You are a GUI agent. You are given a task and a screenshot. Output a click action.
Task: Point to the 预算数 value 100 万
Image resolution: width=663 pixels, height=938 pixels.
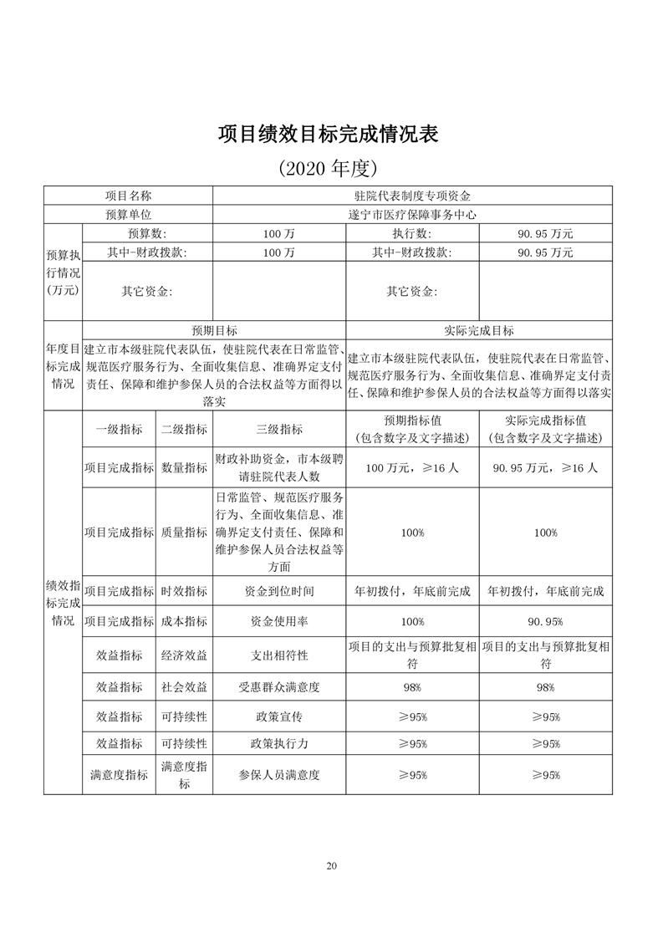pos(278,233)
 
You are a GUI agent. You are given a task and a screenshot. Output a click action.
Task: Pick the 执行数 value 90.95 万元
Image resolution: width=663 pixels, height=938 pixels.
pos(545,233)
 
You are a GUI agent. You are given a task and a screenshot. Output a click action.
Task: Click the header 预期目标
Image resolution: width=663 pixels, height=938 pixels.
pos(214,331)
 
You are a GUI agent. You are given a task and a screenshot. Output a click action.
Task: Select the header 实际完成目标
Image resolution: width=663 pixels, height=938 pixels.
pos(479,331)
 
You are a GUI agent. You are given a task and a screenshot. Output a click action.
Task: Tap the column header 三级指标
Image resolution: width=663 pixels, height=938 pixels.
pos(279,430)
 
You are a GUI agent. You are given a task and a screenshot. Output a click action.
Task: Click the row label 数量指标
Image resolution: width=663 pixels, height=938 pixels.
pos(184,468)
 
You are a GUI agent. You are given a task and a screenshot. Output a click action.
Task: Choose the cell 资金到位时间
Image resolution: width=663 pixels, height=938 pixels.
pos(279,591)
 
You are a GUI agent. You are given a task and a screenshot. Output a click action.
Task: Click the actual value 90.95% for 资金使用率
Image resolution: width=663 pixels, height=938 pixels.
pos(545,622)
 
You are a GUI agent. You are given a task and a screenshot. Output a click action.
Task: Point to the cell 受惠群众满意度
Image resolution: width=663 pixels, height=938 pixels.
pos(279,687)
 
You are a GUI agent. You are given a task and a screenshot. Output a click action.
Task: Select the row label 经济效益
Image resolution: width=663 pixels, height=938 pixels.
pos(184,655)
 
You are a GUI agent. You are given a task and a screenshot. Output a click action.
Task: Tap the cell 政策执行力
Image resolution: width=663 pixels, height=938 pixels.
pos(279,744)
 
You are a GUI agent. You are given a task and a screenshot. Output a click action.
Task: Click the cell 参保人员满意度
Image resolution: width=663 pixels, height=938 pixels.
pos(279,775)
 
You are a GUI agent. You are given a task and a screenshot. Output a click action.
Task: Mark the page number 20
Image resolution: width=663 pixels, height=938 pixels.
pos(332,866)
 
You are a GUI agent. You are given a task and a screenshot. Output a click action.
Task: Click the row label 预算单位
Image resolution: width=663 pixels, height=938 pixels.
pos(128,215)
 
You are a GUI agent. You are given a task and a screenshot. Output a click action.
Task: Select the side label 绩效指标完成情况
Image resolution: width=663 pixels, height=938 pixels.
pos(63,601)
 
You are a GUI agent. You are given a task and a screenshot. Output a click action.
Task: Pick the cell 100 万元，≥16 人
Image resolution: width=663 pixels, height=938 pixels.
pos(412,468)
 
